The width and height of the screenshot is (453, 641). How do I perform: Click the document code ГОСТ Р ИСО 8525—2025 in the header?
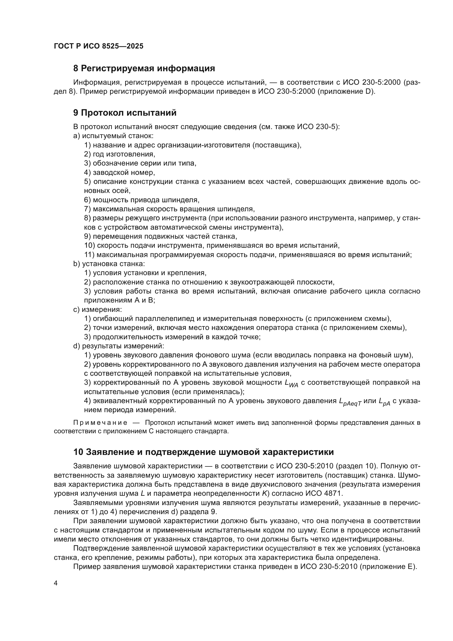point(99,46)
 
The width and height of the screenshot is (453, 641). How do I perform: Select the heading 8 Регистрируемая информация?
point(144,69)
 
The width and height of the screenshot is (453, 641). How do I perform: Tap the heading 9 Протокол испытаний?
point(125,113)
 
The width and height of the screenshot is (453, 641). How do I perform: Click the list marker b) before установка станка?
point(76,264)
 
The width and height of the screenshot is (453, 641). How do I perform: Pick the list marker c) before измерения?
point(76,309)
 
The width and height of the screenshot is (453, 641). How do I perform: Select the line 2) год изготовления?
point(120,154)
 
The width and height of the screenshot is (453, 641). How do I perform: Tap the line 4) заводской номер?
point(119,172)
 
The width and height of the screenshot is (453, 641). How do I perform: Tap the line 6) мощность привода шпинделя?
point(142,200)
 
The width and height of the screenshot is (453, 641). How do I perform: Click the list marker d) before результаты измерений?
point(76,346)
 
